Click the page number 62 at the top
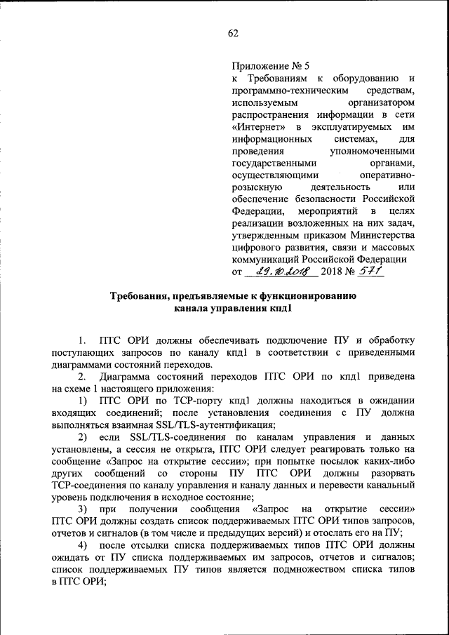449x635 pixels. [233, 34]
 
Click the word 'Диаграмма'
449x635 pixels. [123, 376]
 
